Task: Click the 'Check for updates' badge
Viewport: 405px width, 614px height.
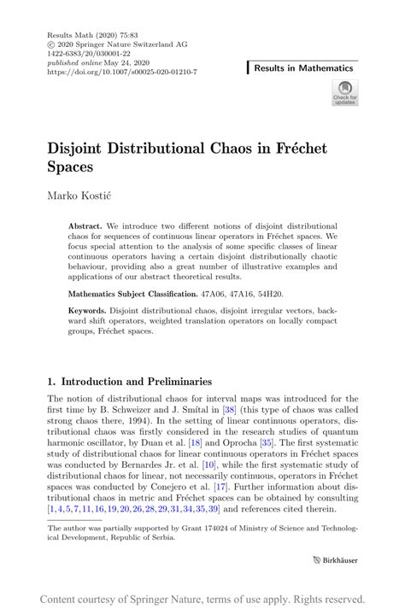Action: pos(344,93)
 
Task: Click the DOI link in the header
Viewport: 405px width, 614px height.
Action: pos(122,73)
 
